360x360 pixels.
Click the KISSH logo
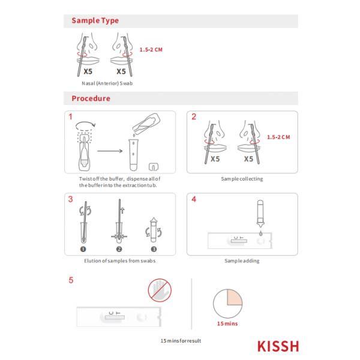278,346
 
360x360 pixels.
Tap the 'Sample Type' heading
95,20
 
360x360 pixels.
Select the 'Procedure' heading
91,98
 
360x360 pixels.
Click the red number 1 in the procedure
70,116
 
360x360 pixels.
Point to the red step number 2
194,116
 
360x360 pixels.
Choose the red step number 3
70,199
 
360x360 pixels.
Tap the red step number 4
194,199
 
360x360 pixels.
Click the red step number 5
71,280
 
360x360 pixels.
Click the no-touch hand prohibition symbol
160,290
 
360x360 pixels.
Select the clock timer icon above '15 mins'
227,304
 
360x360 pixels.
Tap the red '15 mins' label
227,323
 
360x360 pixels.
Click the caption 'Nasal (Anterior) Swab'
107,83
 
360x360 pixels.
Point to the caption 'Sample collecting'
242,179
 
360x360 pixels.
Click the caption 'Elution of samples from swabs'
119,261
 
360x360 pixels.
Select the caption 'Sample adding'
242,261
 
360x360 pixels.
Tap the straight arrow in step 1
110,151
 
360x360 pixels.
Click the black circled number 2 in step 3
119,249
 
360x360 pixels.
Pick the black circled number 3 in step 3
154,249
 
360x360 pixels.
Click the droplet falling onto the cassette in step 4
260,234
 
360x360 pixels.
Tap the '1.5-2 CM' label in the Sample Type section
151,50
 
